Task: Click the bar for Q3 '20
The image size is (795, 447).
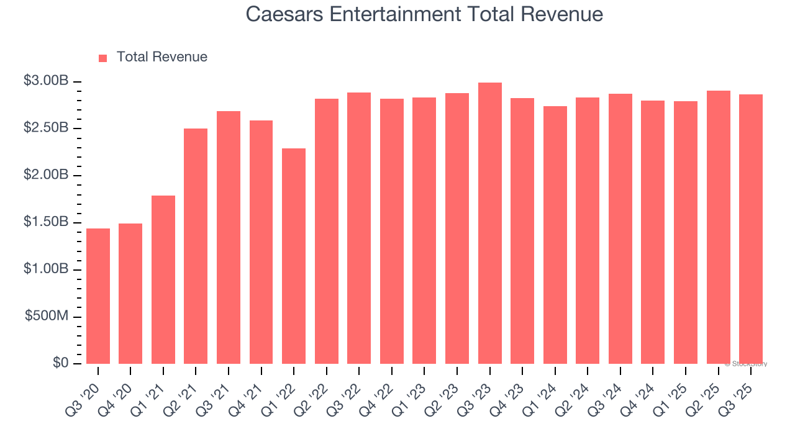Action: pos(98,296)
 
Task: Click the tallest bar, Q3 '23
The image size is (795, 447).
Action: pos(489,223)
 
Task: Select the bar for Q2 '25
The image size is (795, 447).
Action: pos(718,227)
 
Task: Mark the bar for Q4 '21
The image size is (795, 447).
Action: pos(261,242)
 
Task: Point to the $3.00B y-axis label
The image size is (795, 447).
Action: pos(46,81)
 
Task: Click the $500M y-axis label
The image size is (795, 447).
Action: pos(47,316)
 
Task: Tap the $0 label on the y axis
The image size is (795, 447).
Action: pos(61,363)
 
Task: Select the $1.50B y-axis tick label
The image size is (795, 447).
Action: pos(46,222)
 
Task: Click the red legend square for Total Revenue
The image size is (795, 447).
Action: pos(103,58)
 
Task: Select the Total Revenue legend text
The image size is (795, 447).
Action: pos(161,57)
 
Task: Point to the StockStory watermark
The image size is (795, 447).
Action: pos(746,364)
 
